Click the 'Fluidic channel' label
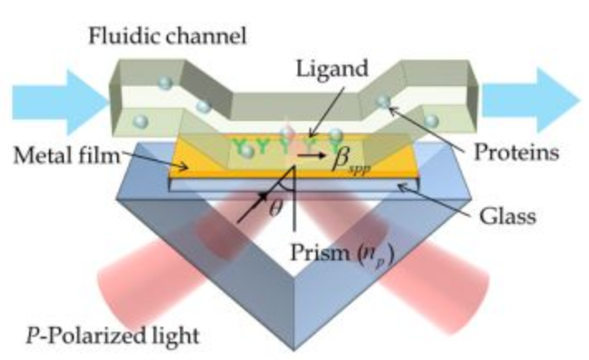coord(167,36)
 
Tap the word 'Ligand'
coord(332,70)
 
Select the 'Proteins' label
coord(517,153)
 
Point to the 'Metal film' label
coord(66,155)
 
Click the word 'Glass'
coord(508,216)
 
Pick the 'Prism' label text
coord(319,252)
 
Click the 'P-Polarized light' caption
coord(112,335)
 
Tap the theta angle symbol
coord(275,209)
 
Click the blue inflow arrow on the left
coord(60,102)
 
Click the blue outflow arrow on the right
coord(530,100)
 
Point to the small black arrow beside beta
coord(311,154)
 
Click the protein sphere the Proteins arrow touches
coord(383,100)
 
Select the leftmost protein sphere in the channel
coord(141,121)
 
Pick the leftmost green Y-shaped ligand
coord(239,146)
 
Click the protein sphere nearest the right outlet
coord(431,121)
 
